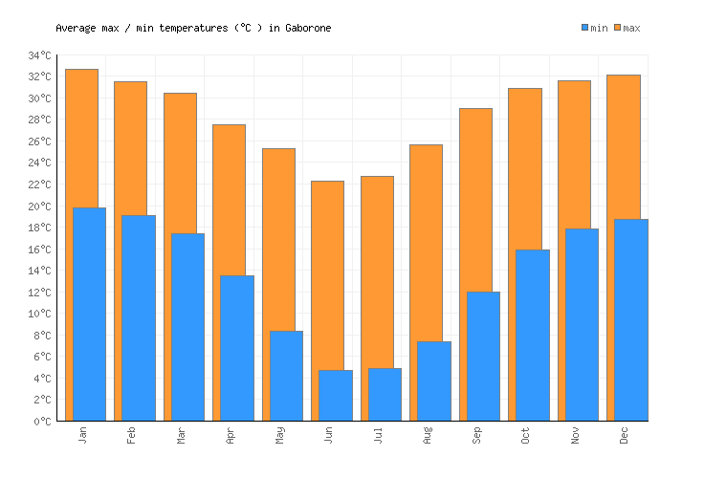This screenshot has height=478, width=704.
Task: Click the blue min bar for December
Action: click(x=631, y=319)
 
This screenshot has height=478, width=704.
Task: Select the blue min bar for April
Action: click(x=237, y=348)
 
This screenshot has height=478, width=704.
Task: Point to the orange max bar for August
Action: click(x=426, y=239)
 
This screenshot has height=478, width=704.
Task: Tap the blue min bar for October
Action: click(x=533, y=335)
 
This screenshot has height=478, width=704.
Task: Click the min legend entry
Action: click(x=594, y=28)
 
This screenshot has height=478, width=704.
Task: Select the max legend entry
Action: click(x=627, y=28)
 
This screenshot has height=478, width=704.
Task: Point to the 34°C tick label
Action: click(x=39, y=55)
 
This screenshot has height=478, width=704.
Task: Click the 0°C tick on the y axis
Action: click(x=42, y=422)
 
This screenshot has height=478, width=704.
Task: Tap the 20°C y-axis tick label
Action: click(x=39, y=206)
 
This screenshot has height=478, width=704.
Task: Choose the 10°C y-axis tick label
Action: click(x=39, y=314)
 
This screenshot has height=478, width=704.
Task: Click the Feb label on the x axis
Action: click(x=132, y=435)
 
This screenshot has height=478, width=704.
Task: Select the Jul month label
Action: click(x=379, y=435)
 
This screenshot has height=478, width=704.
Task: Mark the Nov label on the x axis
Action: click(x=576, y=435)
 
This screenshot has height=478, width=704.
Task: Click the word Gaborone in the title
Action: click(x=308, y=28)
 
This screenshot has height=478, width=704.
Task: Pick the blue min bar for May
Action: click(x=286, y=376)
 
